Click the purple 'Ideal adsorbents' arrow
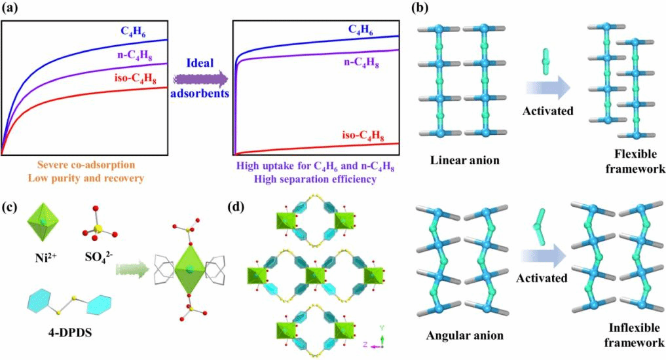coord(201,79)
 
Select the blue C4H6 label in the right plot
coord(361,29)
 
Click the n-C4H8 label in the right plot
coord(361,62)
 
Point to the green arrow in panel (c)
coord(134,269)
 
